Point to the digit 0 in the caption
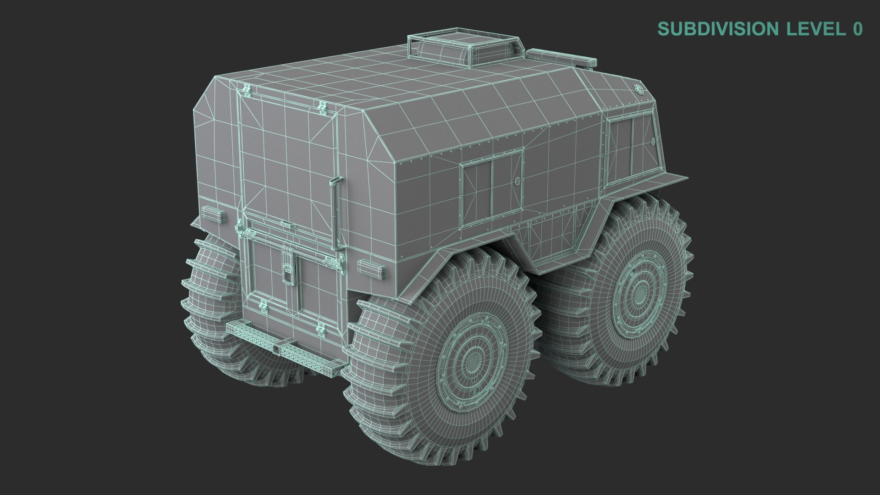pos(857,28)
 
